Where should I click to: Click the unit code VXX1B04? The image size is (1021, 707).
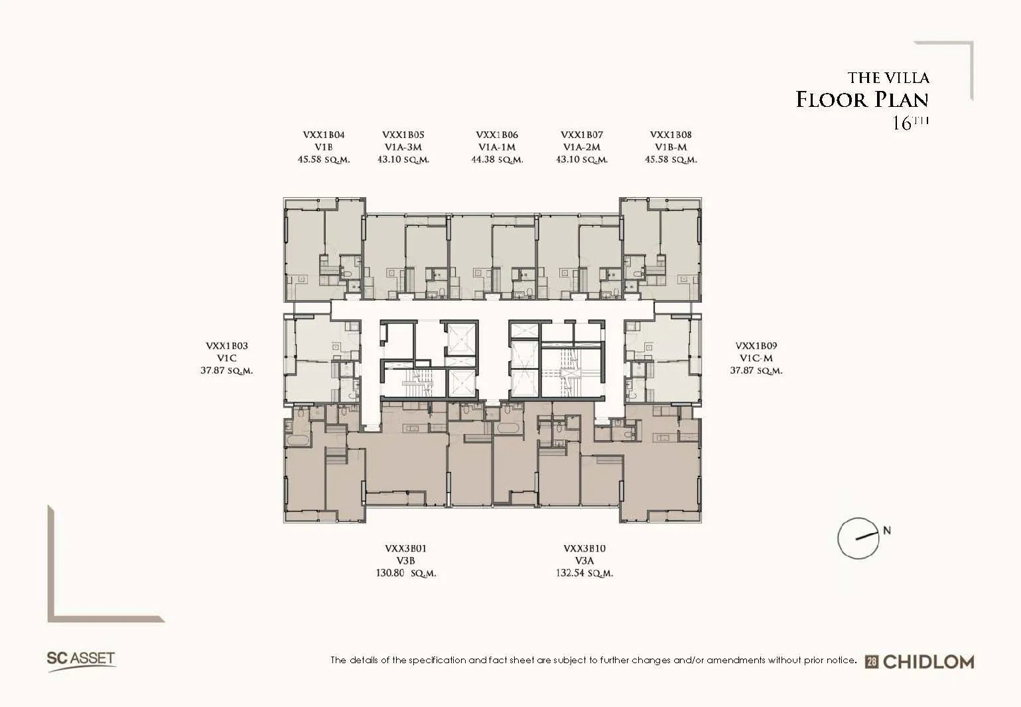324,135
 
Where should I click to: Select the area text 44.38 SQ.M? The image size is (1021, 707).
497,159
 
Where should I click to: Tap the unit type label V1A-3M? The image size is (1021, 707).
403,147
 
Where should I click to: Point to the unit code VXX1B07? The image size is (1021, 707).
582,135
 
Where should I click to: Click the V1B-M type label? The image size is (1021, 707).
671,147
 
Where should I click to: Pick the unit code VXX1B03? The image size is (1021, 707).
226,347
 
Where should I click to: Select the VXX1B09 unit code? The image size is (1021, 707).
756,347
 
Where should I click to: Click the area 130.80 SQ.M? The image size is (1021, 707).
405,574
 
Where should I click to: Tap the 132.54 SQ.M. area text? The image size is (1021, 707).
584,574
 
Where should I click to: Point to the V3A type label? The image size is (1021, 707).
584,561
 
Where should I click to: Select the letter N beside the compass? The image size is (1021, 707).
887,530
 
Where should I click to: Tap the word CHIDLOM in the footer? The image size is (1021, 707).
929,662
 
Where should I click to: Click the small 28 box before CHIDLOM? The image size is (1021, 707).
872,663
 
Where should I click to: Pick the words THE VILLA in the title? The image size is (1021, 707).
888,78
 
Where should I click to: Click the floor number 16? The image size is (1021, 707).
901,123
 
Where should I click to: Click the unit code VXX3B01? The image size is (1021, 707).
405,549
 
